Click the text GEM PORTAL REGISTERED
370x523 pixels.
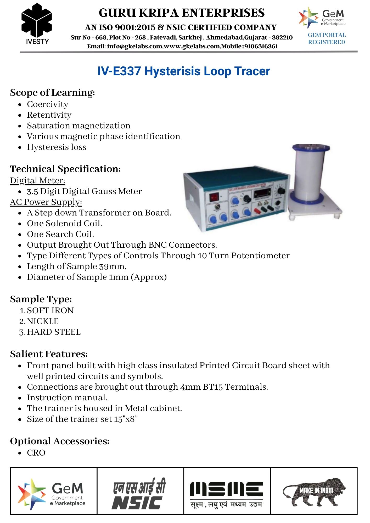point(327,38)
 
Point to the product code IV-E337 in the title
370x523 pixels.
point(119,71)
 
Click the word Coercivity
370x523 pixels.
point(48,104)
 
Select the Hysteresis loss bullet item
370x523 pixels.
point(57,147)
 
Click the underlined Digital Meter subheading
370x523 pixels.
point(37,181)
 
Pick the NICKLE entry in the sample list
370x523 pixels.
point(43,321)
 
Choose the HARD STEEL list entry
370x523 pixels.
point(54,332)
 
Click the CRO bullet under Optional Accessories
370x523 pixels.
point(36,453)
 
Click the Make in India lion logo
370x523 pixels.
point(314,491)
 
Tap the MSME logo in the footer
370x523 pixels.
point(227,491)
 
